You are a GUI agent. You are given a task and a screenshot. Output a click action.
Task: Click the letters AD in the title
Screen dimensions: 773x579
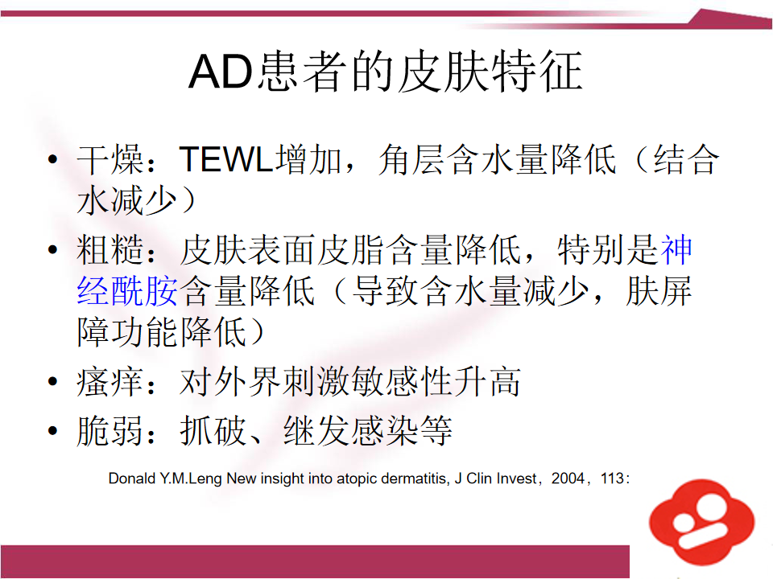(x=221, y=72)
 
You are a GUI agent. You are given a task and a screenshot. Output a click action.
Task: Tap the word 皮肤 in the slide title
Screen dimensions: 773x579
(x=442, y=72)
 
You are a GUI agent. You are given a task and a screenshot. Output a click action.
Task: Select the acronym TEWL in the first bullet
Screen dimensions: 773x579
(x=226, y=159)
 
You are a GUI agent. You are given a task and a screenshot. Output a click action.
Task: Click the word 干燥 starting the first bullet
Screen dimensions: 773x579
(x=110, y=159)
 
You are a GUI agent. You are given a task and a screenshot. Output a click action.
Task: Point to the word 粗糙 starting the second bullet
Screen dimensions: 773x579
(x=110, y=249)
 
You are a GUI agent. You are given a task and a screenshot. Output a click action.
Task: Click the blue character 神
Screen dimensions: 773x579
(x=676, y=249)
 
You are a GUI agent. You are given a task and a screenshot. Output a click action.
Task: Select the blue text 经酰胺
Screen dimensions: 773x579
(x=127, y=291)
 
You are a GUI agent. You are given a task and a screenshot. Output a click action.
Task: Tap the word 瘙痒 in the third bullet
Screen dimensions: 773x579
(x=110, y=381)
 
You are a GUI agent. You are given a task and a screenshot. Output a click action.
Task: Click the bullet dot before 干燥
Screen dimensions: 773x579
(x=53, y=159)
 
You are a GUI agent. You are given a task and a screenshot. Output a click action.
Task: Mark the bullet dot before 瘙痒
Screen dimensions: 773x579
(x=53, y=381)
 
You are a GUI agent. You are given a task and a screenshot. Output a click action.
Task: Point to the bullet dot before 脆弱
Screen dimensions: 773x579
(x=53, y=431)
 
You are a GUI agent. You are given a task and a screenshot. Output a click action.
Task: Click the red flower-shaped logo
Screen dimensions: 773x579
(x=701, y=522)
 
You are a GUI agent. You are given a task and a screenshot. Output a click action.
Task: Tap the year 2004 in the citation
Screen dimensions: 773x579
(x=568, y=478)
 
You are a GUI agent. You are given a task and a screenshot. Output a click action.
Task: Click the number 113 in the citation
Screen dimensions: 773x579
(x=612, y=478)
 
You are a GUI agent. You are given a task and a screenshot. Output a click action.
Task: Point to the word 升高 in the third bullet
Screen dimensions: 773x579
(x=486, y=381)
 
